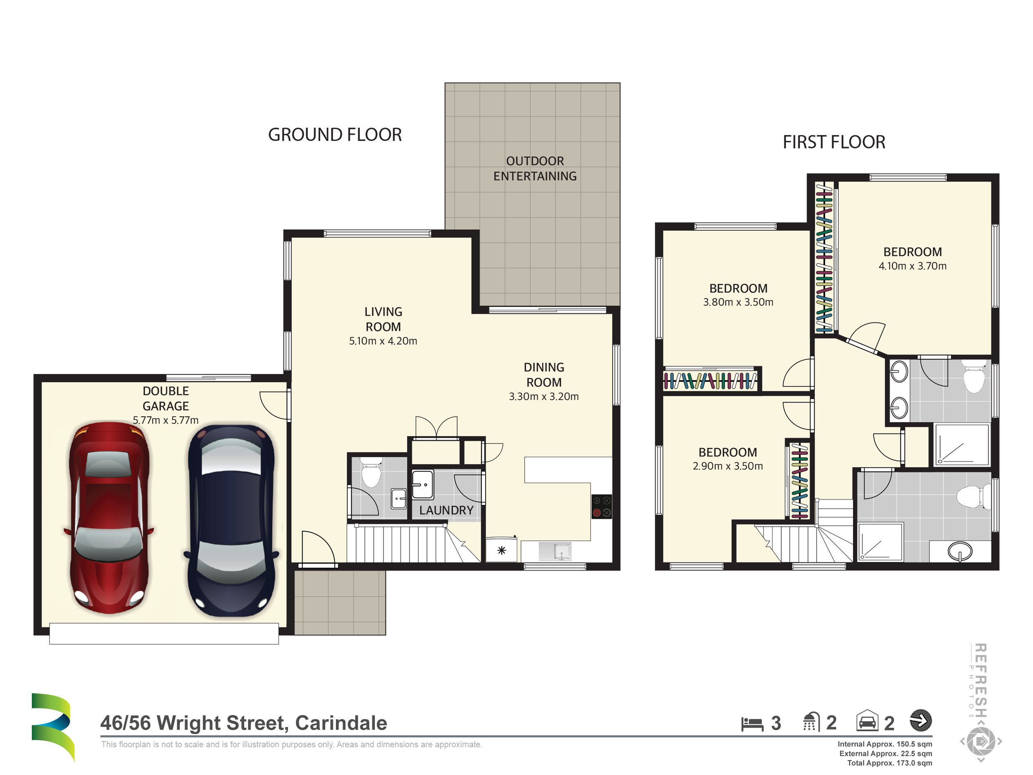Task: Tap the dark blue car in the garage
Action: (231, 520)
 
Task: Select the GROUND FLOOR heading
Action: (335, 134)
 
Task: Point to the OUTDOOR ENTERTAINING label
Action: (535, 169)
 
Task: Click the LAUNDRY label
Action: (446, 510)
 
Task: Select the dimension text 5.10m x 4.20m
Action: (383, 341)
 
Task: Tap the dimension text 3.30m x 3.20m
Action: (544, 397)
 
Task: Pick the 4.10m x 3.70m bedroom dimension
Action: (912, 266)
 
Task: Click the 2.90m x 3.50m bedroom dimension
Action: (728, 466)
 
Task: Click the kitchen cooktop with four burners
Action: (602, 507)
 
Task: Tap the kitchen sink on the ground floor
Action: (555, 551)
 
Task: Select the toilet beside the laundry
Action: (371, 473)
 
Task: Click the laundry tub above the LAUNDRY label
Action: (423, 485)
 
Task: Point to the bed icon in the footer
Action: (752, 724)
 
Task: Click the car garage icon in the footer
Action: (867, 721)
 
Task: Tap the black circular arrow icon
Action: (921, 720)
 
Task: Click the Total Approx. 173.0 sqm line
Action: (889, 763)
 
